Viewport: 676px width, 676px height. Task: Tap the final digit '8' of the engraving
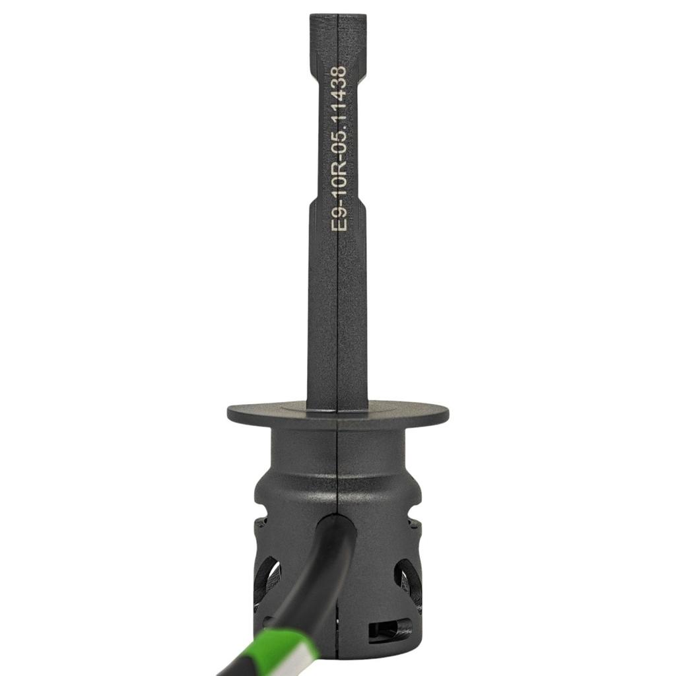tap(339, 71)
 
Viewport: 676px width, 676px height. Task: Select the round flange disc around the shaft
tap(338, 413)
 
